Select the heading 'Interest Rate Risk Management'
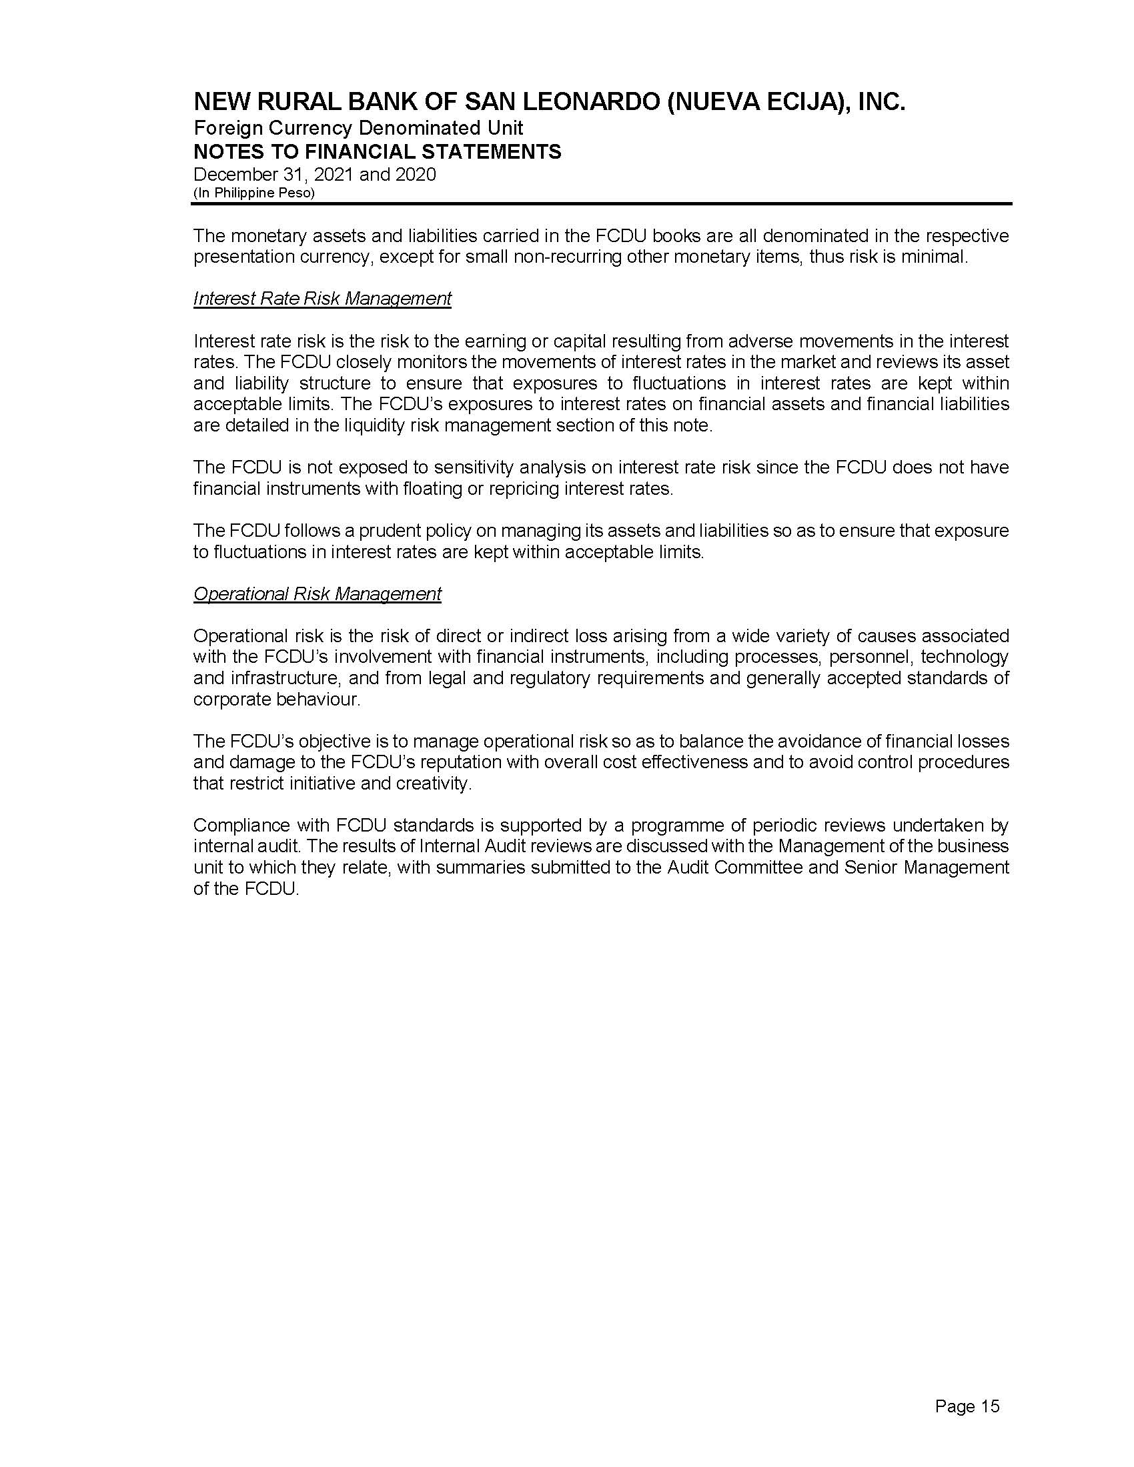click(x=322, y=298)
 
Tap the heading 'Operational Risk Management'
click(x=317, y=593)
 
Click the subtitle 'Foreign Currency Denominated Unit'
click(x=358, y=127)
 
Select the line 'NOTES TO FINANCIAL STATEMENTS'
click(x=377, y=152)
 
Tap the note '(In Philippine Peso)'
click(x=254, y=193)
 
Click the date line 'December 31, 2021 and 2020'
click(x=314, y=175)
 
